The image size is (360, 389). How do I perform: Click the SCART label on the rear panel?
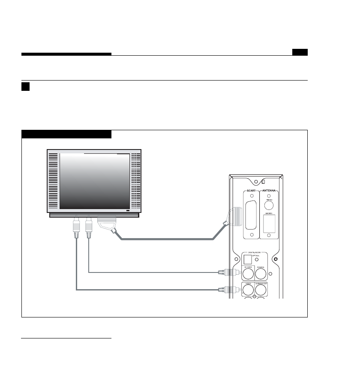[x=251, y=191]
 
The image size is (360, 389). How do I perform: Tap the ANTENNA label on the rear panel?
[x=269, y=191]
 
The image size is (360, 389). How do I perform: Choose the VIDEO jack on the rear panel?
[x=248, y=290]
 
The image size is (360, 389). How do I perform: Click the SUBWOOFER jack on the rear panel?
[x=261, y=290]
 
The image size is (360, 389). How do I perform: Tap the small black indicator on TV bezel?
[x=127, y=211]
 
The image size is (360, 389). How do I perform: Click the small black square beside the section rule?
[x=25, y=87]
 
